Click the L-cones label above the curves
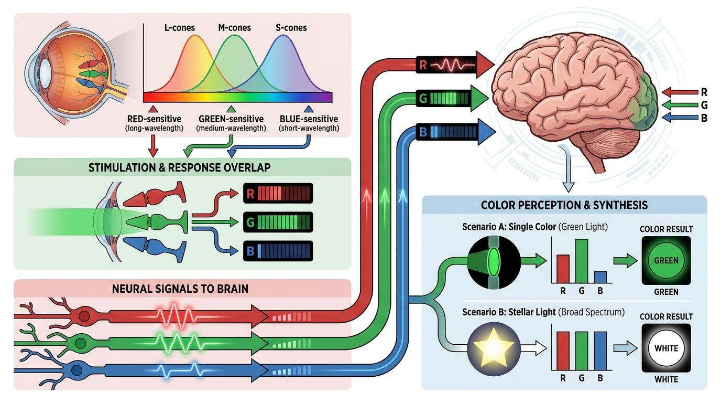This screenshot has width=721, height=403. (180, 27)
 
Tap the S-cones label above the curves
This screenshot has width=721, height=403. (291, 27)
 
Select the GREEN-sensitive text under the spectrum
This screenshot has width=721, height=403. (231, 119)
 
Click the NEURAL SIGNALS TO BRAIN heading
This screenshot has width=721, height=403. (181, 288)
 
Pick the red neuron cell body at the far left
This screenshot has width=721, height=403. (84, 315)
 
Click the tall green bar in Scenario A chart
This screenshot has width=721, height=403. (582, 261)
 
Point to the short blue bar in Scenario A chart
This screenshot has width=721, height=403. (600, 277)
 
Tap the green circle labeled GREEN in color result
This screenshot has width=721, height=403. (666, 260)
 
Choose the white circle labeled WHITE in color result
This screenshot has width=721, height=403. (666, 348)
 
